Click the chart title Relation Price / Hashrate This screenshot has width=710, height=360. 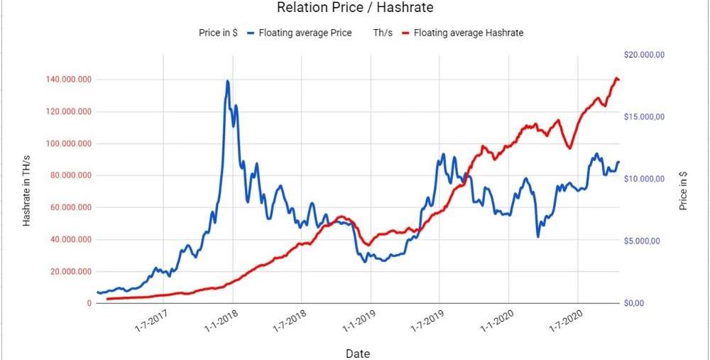tap(355, 9)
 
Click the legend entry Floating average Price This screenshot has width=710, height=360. tap(305, 33)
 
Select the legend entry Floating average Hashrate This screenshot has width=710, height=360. tap(469, 33)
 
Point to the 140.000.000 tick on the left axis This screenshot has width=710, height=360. tap(69, 80)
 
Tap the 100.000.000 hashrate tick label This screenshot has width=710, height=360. tap(69, 143)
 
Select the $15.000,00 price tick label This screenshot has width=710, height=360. tap(643, 116)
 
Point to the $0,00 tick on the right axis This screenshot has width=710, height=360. tap(633, 303)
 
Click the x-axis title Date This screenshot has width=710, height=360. tap(357, 353)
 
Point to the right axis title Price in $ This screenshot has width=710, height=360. tap(683, 190)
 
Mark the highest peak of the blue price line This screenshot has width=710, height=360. tap(228, 81)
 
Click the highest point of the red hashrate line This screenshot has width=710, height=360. tap(616, 77)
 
